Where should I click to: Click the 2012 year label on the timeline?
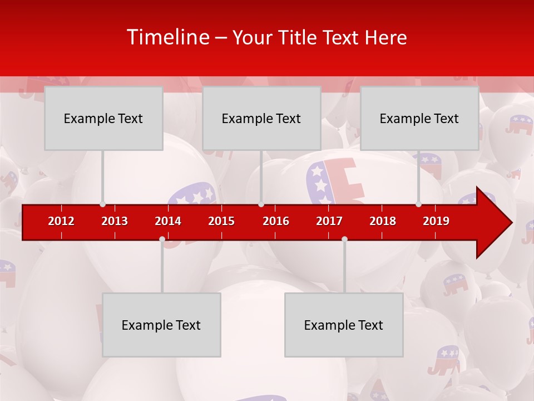tap(61, 221)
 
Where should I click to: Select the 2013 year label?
tap(115, 221)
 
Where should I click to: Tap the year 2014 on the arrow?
tap(168, 221)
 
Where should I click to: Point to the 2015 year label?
tap(221, 221)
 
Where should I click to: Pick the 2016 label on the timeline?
tap(276, 221)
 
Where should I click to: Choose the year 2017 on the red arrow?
tap(329, 221)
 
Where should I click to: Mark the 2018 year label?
tap(383, 221)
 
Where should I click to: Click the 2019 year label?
tap(436, 221)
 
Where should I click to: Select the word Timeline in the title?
tap(167, 37)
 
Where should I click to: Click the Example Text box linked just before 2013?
tap(103, 119)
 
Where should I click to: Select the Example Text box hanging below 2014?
tap(161, 325)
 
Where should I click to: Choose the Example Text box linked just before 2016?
tap(261, 119)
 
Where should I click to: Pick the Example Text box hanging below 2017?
tap(344, 325)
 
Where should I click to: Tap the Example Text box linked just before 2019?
tap(419, 119)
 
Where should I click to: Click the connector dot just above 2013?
tap(102, 204)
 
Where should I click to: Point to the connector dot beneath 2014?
tap(162, 239)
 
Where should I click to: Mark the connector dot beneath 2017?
tap(344, 239)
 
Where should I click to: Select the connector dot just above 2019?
tap(418, 204)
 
